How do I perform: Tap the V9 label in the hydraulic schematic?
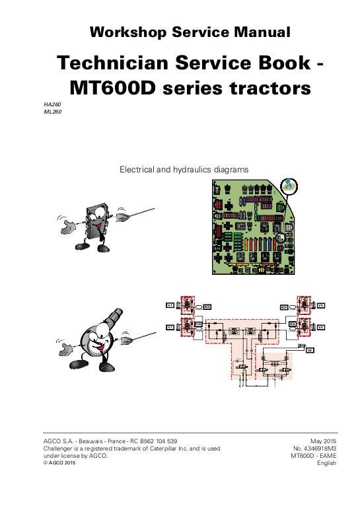309,349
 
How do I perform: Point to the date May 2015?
324,441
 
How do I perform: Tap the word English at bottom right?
327,464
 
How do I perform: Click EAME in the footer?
329,456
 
